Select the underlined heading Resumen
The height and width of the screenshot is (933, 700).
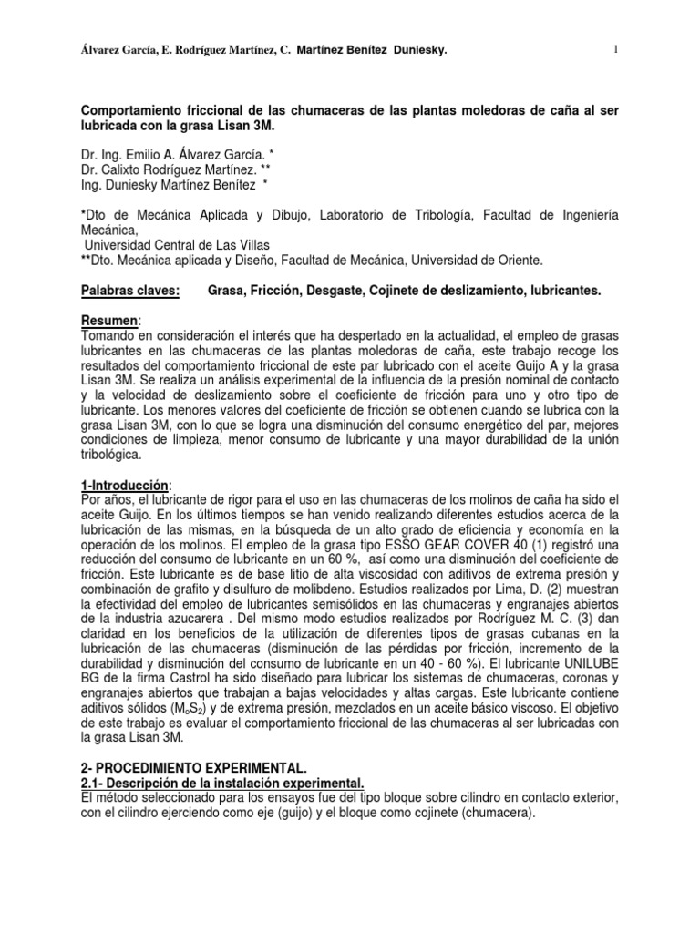tap(111, 321)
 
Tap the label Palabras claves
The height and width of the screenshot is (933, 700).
tap(130, 290)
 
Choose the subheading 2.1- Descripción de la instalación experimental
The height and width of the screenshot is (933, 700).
tap(222, 784)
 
